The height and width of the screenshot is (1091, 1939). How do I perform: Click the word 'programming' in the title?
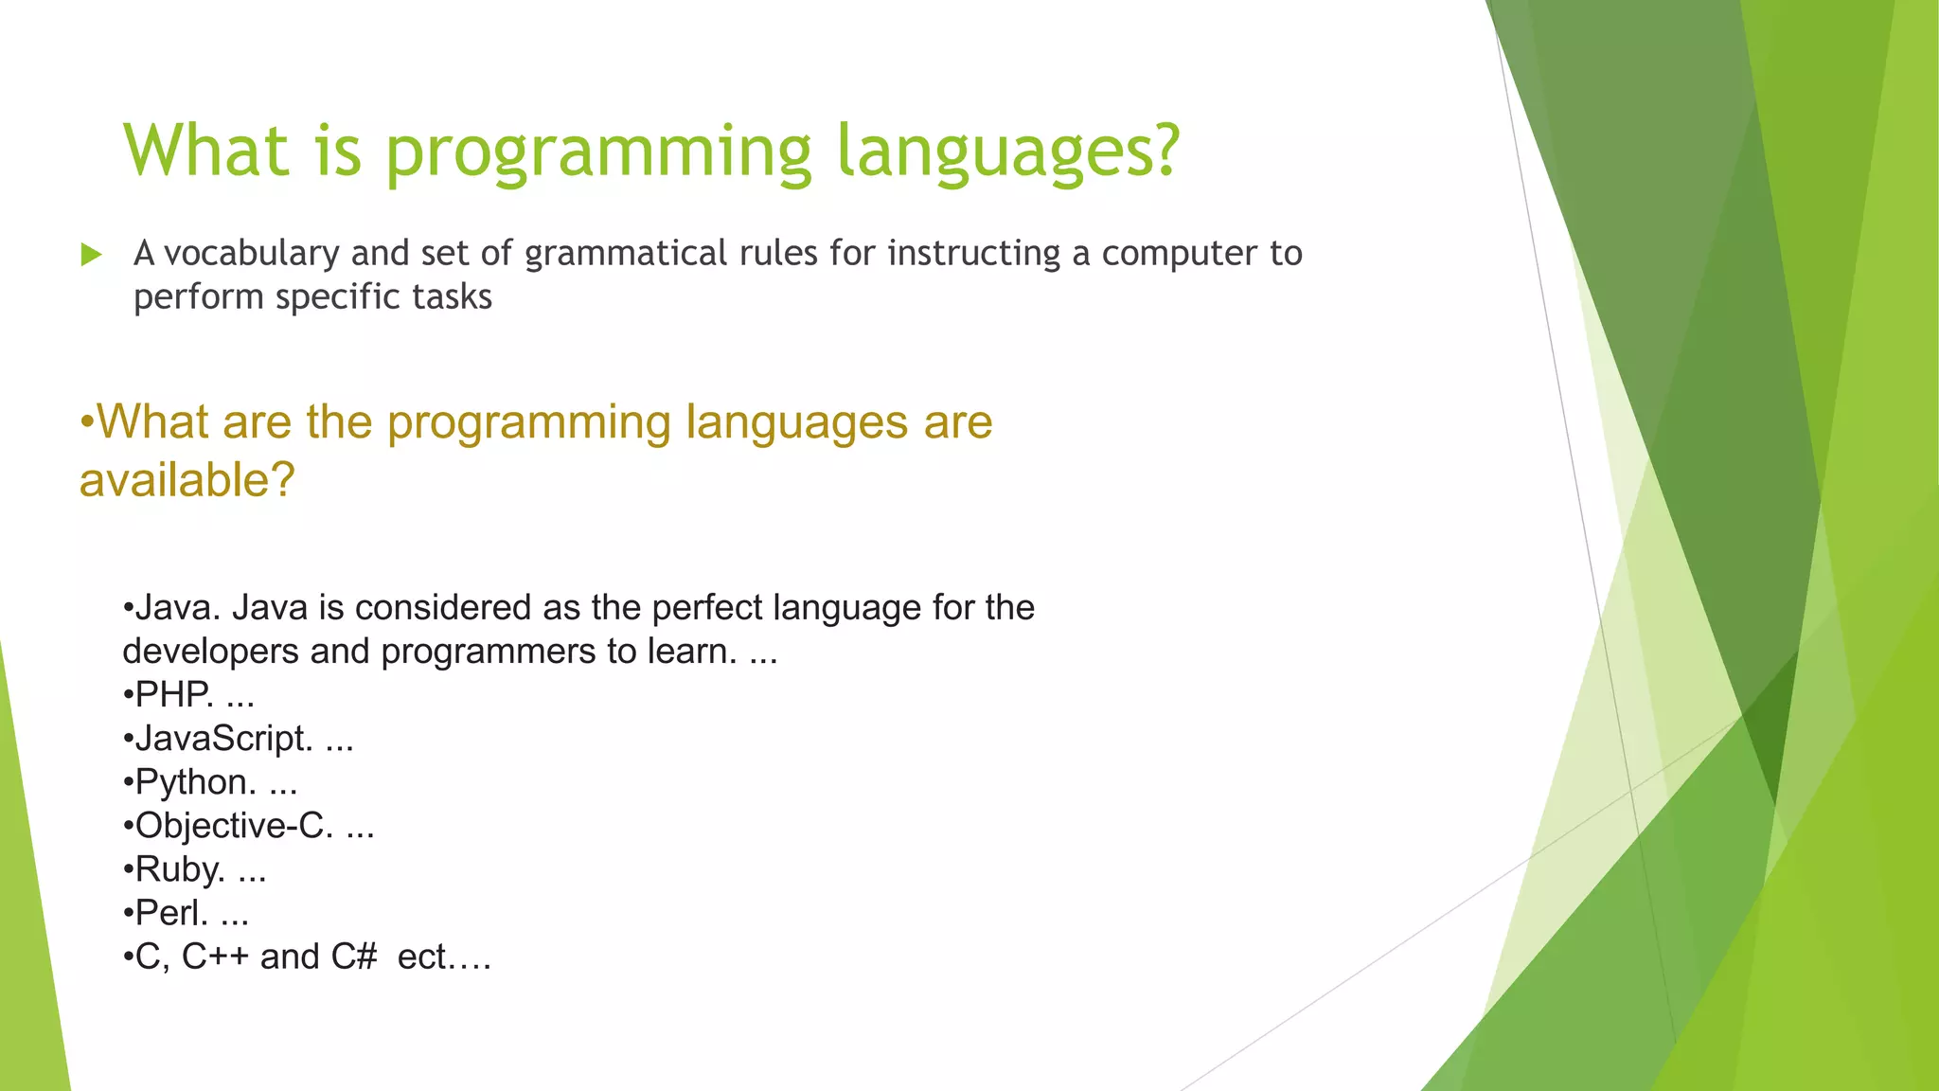tap(598, 152)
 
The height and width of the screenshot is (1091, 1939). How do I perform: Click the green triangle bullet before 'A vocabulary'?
tap(91, 254)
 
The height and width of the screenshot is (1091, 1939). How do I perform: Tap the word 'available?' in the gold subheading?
tap(187, 480)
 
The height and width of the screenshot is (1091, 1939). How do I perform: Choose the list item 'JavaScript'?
tap(223, 739)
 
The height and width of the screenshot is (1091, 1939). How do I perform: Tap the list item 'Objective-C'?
tap(233, 826)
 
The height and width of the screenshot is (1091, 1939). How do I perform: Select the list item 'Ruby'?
tap(179, 869)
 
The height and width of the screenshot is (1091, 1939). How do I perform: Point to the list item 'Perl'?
tap(170, 913)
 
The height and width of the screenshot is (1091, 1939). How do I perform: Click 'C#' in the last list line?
tap(354, 957)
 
